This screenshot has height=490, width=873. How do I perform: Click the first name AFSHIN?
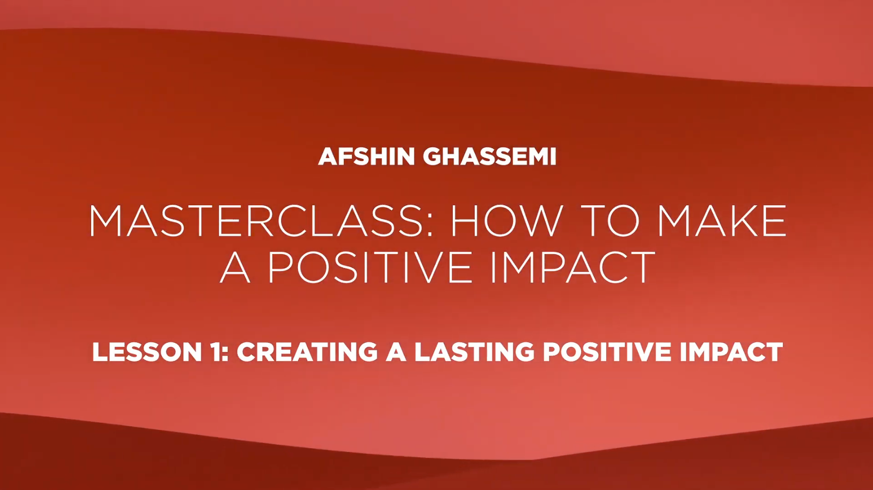366,157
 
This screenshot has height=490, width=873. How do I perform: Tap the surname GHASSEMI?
489,157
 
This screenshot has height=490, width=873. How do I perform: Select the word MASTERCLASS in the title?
256,220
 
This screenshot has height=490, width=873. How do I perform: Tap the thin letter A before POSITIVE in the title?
235,267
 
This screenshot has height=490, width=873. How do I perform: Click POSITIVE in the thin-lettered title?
369,267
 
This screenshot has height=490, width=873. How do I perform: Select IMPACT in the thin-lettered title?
573,267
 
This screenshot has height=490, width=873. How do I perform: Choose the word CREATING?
307,351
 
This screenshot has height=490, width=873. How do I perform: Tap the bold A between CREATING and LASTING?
396,351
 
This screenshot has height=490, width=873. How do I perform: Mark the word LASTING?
474,351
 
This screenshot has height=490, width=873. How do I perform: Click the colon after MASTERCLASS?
430,225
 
